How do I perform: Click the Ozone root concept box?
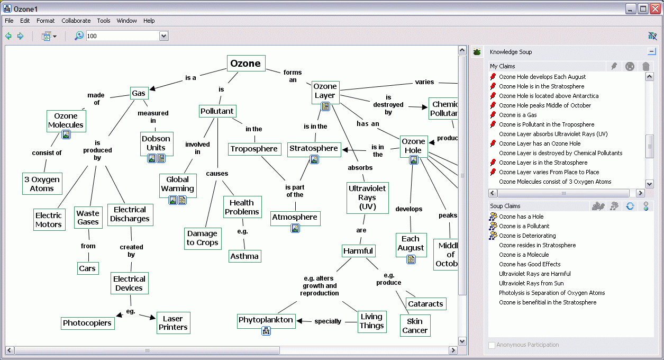pyautogui.click(x=246, y=63)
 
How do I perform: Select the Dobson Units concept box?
pyautogui.click(x=157, y=143)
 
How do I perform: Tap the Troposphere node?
pyautogui.click(x=254, y=149)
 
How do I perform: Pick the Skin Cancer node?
pyautogui.click(x=415, y=326)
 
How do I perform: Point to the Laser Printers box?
pyautogui.click(x=173, y=323)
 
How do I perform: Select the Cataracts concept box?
pyautogui.click(x=426, y=304)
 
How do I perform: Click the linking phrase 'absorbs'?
pyautogui.click(x=360, y=168)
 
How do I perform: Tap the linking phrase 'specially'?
pyautogui.click(x=328, y=321)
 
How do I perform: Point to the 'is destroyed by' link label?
pyautogui.click(x=388, y=105)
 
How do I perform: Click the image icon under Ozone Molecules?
pyautogui.click(x=66, y=135)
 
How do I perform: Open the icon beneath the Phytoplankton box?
pyautogui.click(x=266, y=331)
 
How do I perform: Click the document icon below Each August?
pyautogui.click(x=411, y=260)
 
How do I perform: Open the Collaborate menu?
pyautogui.click(x=76, y=21)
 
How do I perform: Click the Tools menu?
pyautogui.click(x=104, y=21)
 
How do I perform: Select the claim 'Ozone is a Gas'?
pyautogui.click(x=517, y=115)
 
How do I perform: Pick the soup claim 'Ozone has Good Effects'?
pyautogui.click(x=530, y=264)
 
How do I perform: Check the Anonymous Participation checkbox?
pyautogui.click(x=492, y=345)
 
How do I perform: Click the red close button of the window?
pyautogui.click(x=656, y=9)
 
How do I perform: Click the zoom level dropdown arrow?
pyautogui.click(x=163, y=36)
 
